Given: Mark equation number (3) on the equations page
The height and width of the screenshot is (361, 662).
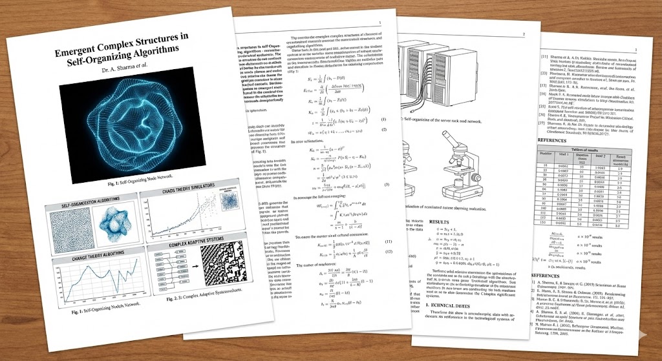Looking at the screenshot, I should coord(386,185).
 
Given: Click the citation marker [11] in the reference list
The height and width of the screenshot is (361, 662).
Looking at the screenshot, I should coord(544,57).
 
